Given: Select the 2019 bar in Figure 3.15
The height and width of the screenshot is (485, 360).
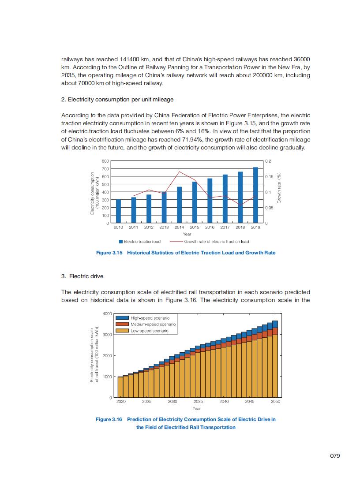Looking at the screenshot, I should point(255,195).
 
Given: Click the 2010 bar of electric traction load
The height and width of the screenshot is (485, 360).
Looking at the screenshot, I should point(118,211).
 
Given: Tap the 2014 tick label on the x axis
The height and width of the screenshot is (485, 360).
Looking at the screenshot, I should point(179,228).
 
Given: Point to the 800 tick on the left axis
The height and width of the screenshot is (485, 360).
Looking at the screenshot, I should point(105,161).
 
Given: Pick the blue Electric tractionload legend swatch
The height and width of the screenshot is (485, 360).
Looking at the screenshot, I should point(121,242).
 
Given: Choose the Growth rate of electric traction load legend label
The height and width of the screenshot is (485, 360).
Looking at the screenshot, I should point(216,242).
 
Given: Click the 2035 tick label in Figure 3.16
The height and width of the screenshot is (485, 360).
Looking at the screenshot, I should point(198,402).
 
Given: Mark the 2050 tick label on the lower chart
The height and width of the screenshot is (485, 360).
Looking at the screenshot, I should point(276,402).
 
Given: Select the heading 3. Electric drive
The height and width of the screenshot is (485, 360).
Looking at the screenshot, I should point(82,276).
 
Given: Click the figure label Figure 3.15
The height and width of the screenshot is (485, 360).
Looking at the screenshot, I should point(109,253).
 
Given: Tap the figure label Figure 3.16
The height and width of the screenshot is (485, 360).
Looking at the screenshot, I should point(109,419).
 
